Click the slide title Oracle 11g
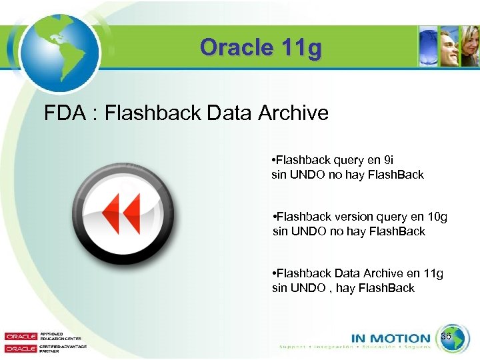[x=261, y=48]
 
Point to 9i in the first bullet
[x=389, y=160]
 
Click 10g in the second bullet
[x=436, y=217]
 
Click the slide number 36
[x=447, y=337]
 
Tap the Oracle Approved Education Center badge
[x=37, y=337]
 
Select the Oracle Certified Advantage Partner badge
[x=37, y=349]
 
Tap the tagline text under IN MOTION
[x=355, y=347]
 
